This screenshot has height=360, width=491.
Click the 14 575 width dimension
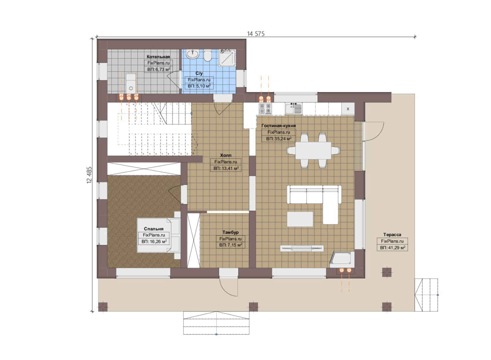[x=255, y=34]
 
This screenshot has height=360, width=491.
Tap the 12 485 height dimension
[x=89, y=175]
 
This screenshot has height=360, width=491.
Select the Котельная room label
[x=158, y=57]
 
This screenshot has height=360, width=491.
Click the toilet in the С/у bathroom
[x=208, y=56]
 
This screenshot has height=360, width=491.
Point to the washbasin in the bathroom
[x=193, y=54]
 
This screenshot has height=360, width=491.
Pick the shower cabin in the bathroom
[x=227, y=58]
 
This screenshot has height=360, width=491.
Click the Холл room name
[x=226, y=155]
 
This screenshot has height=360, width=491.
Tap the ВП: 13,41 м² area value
[x=226, y=168]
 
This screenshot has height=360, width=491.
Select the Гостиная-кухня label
[x=278, y=126]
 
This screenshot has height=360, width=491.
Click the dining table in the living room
[x=313, y=150]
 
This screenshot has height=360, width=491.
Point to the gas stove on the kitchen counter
[x=265, y=109]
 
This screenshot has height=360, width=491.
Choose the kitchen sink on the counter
[x=293, y=109]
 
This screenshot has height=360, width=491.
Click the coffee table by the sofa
[x=300, y=219]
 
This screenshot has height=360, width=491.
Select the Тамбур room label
[x=231, y=232]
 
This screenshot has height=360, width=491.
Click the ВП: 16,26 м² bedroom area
[x=154, y=242]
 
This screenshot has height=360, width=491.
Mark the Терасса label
[x=392, y=235]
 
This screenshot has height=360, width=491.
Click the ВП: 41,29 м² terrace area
[x=392, y=248]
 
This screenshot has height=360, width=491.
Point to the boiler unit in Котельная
[x=131, y=83]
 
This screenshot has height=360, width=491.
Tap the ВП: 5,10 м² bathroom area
[x=199, y=86]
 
